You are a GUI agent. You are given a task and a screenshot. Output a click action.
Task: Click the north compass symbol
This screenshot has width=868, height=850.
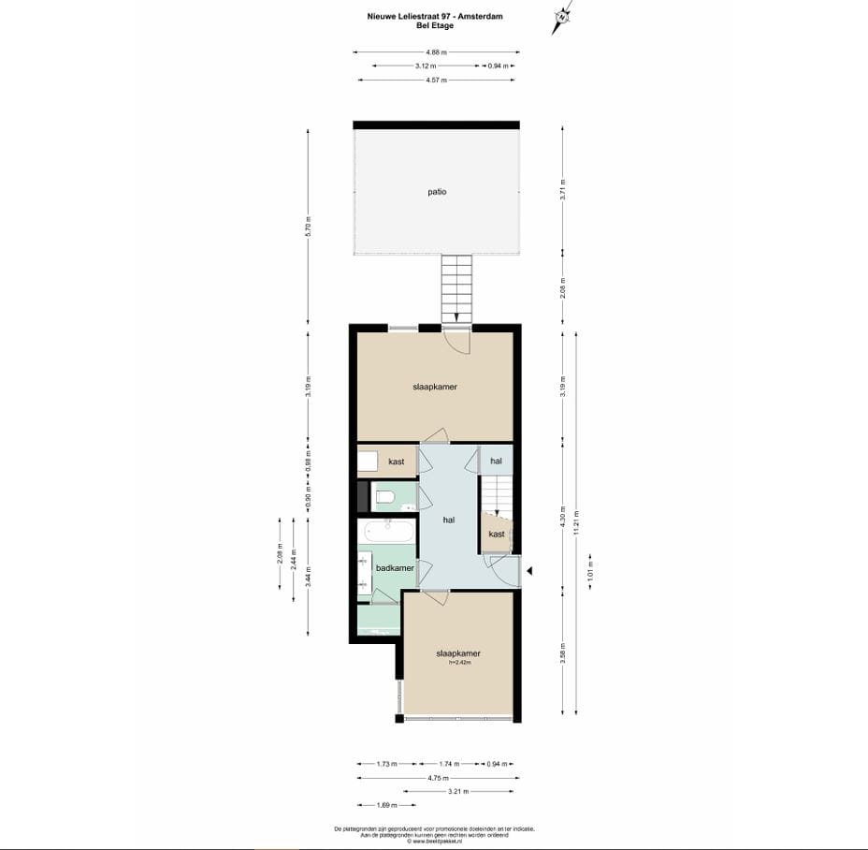coord(561,17)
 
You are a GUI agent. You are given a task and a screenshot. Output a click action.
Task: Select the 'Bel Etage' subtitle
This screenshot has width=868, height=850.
coord(435,25)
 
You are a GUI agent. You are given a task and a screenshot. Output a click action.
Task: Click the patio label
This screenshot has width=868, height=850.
coord(436,192)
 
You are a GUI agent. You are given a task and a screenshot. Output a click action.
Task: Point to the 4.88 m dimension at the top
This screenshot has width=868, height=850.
coord(436,52)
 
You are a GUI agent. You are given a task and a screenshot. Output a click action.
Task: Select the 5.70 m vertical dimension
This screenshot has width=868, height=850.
coord(308,227)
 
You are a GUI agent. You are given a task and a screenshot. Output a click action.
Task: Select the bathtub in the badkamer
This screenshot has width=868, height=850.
coord(389,532)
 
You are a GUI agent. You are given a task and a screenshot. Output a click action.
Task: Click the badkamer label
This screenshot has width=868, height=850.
coord(394,567)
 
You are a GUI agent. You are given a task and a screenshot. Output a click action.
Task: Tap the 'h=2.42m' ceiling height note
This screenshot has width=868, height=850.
coord(458,663)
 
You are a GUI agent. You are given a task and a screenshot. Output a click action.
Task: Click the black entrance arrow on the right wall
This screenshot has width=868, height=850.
coord(528,570)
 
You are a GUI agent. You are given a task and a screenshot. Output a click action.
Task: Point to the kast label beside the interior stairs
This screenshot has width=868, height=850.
coord(497,534)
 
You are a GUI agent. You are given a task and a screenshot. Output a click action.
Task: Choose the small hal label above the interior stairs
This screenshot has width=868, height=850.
coord(496,461)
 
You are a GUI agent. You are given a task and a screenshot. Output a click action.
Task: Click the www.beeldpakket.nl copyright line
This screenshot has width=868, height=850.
coord(435,841)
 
